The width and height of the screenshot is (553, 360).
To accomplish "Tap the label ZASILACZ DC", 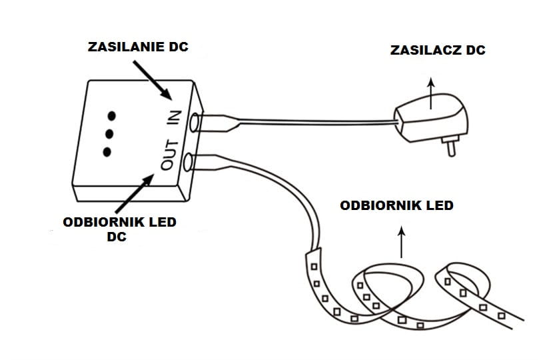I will click(438, 50).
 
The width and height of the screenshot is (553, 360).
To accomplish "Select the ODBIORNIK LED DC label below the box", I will click(119, 229).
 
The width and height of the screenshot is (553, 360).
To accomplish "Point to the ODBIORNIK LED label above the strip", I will click(396, 205).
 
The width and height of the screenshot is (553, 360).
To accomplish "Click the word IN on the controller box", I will click(173, 118).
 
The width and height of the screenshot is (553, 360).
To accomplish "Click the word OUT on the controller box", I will click(169, 155).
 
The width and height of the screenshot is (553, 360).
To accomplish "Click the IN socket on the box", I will click(195, 122).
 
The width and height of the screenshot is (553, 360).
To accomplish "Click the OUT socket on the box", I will click(189, 161).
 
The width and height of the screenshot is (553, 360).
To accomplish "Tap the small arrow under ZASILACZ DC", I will click(430, 91).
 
